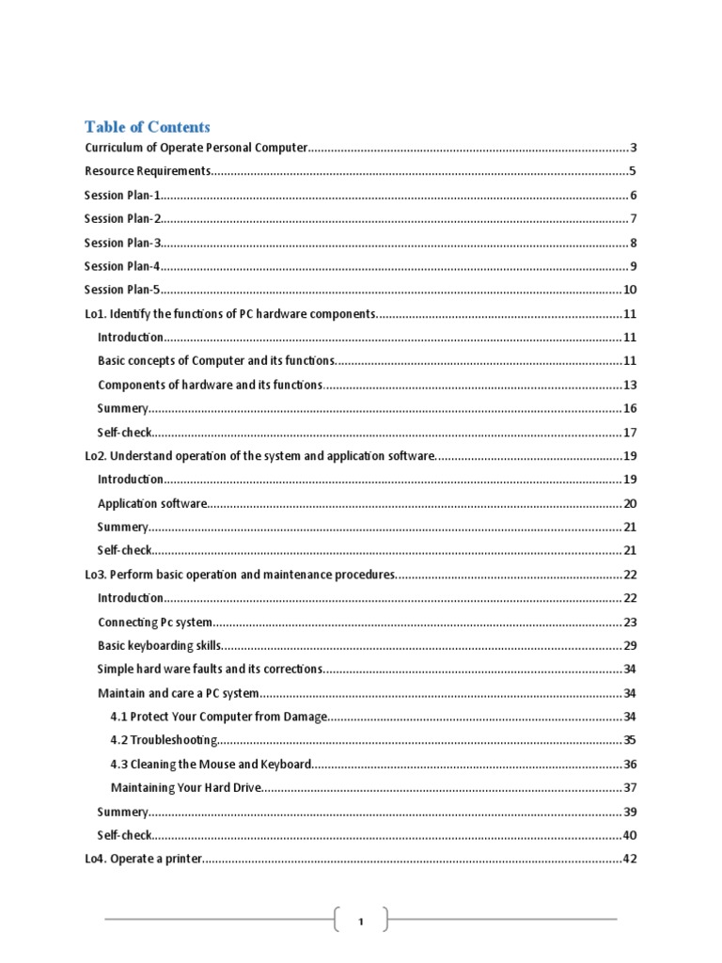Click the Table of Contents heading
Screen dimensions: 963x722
pos(148,127)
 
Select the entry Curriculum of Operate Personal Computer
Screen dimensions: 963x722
pos(196,148)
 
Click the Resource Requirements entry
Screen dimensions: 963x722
pos(148,171)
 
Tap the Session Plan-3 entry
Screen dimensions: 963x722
pos(123,243)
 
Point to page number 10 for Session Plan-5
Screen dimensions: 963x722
pos(630,290)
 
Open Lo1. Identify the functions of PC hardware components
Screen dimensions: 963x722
pos(230,313)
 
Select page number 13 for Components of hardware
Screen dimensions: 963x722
pos(630,385)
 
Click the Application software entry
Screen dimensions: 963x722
pos(152,503)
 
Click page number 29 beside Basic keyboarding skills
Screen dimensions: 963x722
pos(630,645)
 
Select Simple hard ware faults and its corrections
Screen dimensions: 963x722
pos(210,669)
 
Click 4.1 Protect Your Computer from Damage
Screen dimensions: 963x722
pos(218,717)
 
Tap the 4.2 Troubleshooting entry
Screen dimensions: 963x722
pos(164,740)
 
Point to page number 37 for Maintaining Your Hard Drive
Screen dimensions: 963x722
pos(630,787)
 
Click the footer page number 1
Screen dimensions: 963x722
pos(360,922)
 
